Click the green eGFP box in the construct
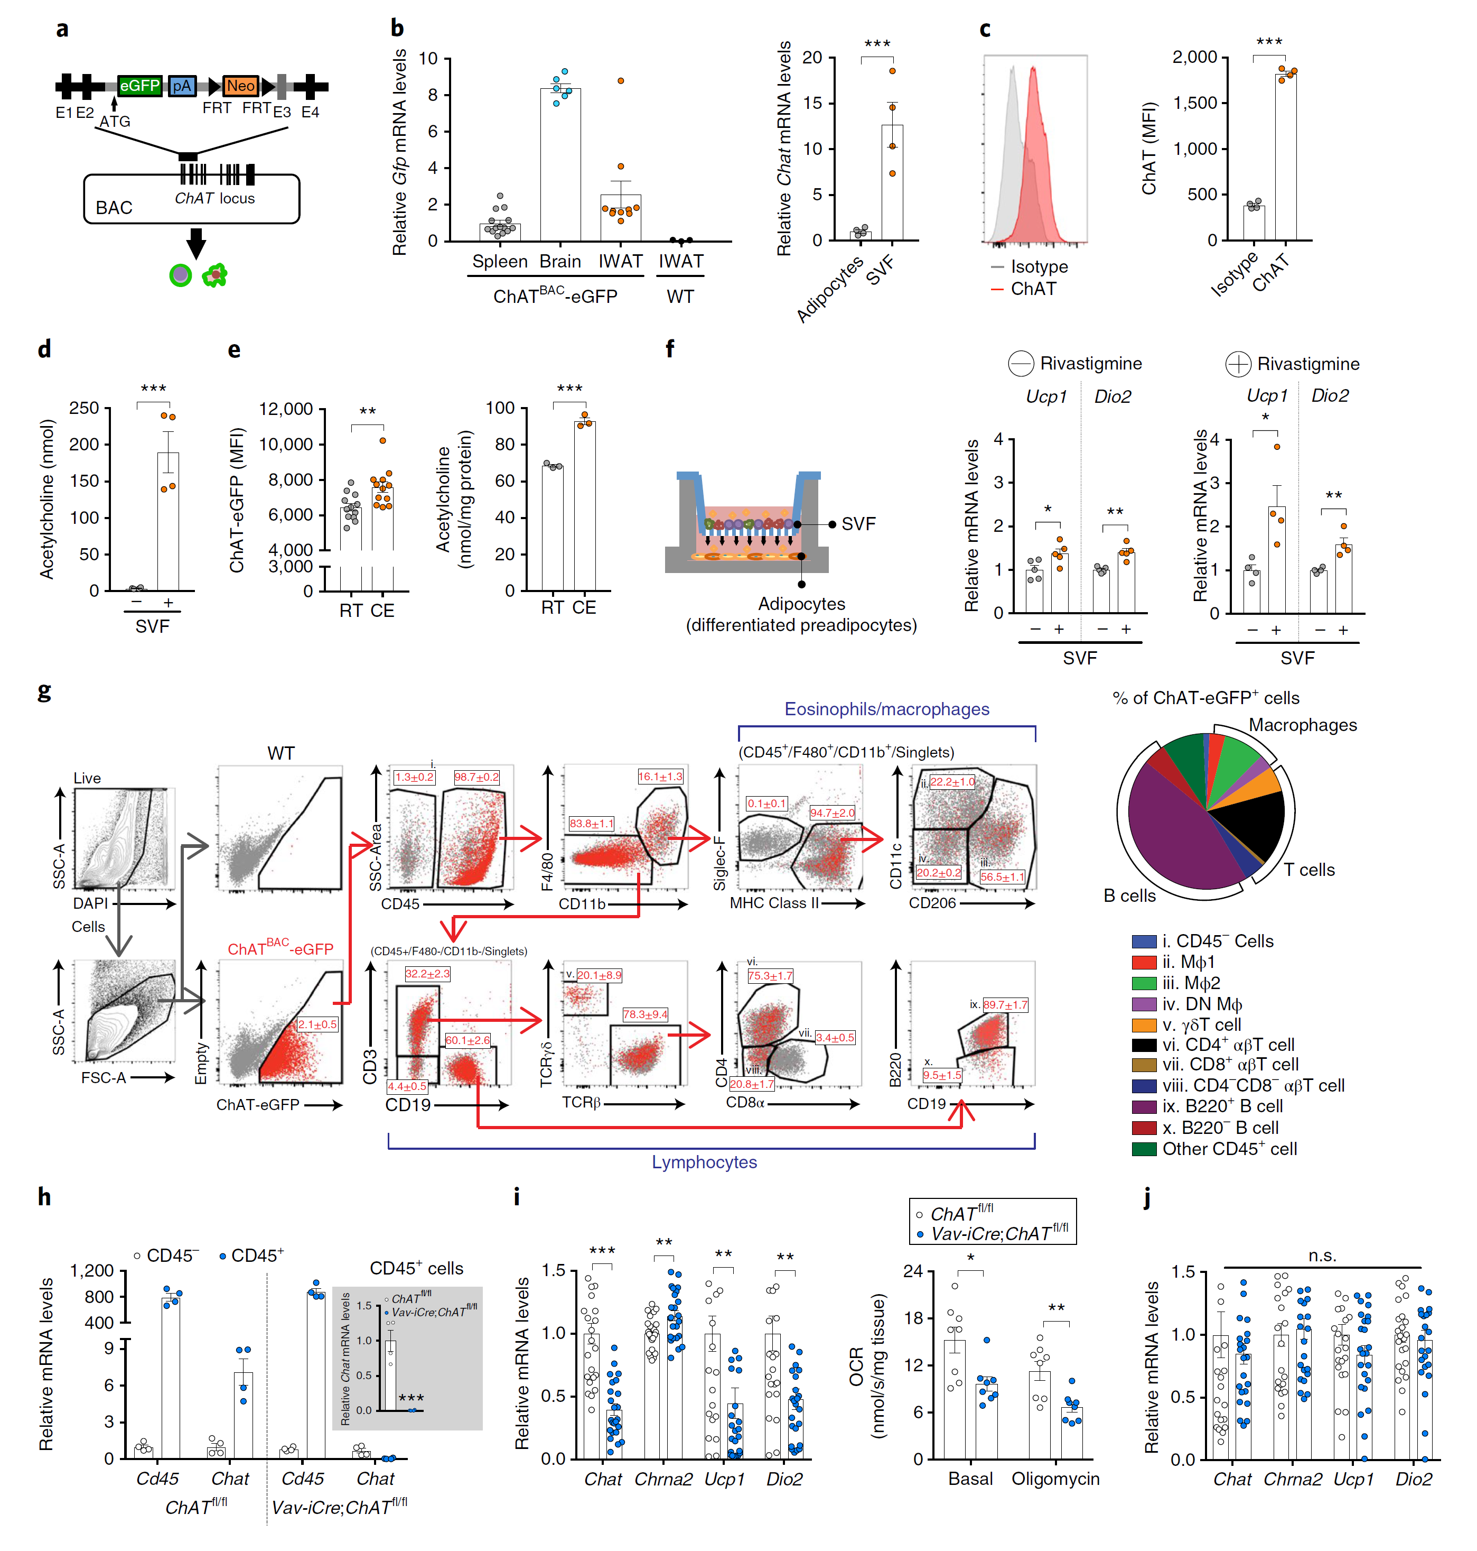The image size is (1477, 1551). point(139,86)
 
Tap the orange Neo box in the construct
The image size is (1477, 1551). point(240,86)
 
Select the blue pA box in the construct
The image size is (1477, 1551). point(182,86)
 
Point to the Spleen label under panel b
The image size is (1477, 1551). point(499,262)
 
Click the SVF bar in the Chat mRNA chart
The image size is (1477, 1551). point(892,182)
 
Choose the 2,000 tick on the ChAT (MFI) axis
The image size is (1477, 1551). point(1194,58)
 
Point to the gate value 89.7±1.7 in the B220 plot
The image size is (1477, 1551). point(1005,1005)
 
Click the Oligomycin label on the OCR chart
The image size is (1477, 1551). point(1055,1479)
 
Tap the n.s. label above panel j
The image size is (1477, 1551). point(1322,1255)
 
